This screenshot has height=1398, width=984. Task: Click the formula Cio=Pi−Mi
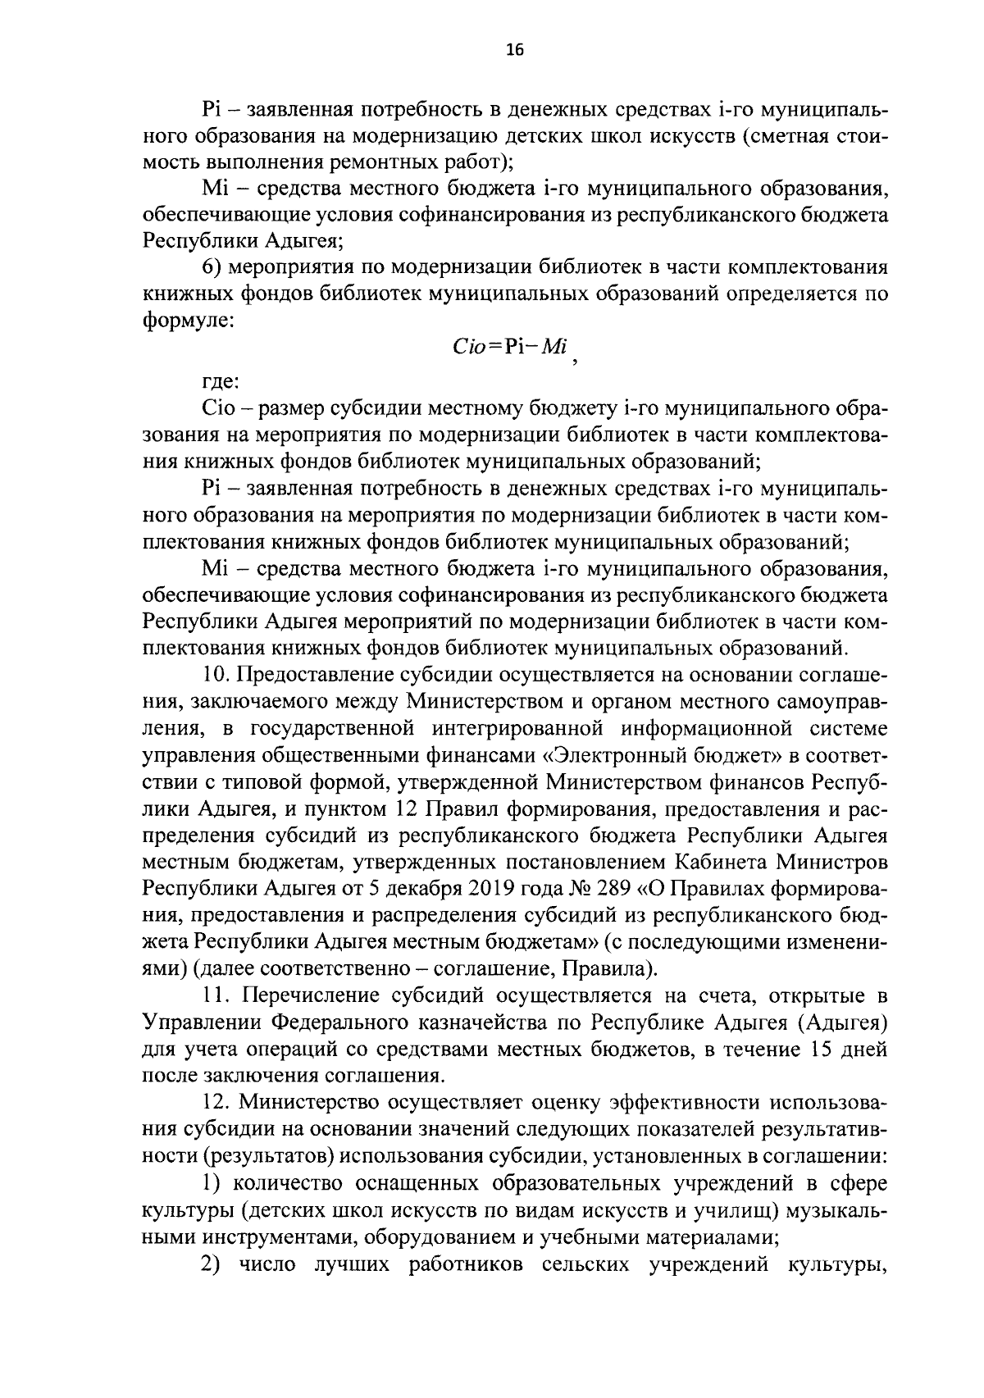[x=510, y=346]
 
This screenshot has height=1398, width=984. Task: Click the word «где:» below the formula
[x=221, y=381]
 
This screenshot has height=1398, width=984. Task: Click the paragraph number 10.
[x=216, y=675]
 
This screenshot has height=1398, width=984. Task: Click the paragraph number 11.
[x=216, y=995]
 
